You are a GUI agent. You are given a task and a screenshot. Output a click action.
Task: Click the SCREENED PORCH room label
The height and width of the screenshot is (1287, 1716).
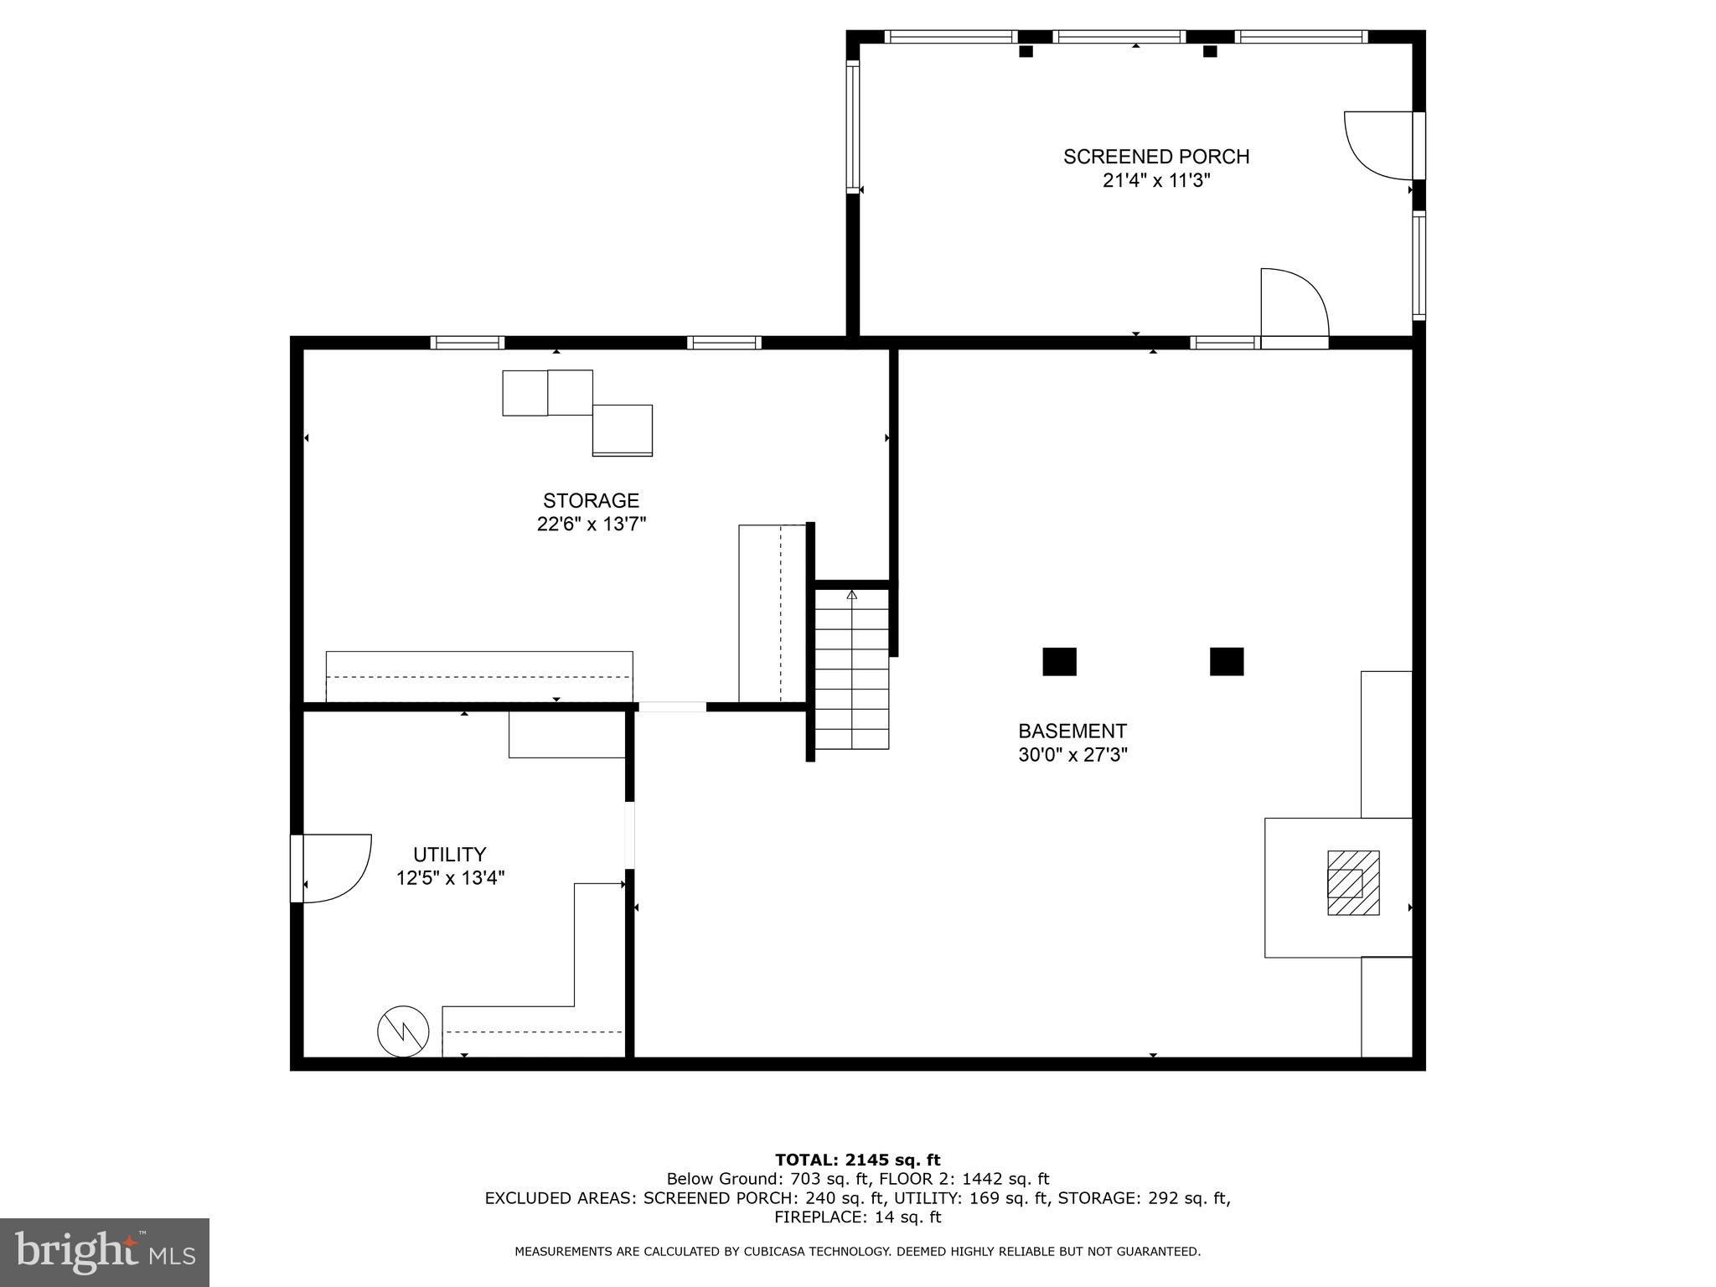pyautogui.click(x=1155, y=157)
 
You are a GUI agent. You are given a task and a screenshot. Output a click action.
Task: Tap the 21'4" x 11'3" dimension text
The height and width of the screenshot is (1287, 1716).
pyautogui.click(x=1155, y=180)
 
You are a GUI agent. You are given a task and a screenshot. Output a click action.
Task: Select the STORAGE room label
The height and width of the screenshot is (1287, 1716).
pyautogui.click(x=591, y=500)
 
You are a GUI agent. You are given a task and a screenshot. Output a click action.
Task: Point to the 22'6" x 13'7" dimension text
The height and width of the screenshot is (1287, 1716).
pyautogui.click(x=591, y=525)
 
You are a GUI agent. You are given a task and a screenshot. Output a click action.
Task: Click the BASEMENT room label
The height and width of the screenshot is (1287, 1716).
pyautogui.click(x=1072, y=731)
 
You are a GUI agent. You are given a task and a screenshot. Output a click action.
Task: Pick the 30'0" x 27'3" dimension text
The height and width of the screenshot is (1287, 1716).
pyautogui.click(x=1072, y=755)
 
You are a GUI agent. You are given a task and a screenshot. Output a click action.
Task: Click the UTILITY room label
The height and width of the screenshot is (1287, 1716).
pyautogui.click(x=449, y=854)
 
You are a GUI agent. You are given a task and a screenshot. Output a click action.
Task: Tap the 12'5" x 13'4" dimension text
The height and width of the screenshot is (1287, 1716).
pyautogui.click(x=450, y=878)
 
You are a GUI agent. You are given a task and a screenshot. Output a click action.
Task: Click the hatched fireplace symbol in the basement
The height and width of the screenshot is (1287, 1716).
pyautogui.click(x=1352, y=882)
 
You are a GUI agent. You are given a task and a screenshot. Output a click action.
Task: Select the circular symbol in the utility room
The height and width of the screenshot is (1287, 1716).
pyautogui.click(x=403, y=1031)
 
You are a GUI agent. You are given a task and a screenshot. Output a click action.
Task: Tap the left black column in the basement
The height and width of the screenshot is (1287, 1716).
pyautogui.click(x=1059, y=661)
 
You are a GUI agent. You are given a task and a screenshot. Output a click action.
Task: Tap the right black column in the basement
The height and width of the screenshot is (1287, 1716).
pyautogui.click(x=1226, y=661)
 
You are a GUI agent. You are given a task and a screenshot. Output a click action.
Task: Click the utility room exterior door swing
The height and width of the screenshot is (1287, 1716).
pyautogui.click(x=335, y=867)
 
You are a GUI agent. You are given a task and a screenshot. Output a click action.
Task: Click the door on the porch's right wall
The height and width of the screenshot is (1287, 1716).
pyautogui.click(x=1378, y=146)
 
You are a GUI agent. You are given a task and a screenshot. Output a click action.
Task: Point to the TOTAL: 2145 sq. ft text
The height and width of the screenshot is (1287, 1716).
pyautogui.click(x=857, y=1160)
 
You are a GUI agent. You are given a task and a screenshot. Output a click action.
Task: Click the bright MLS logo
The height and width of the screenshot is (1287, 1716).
pyautogui.click(x=104, y=1252)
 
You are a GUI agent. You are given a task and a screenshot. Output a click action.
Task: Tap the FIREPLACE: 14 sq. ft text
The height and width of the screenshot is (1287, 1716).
pyautogui.click(x=857, y=1217)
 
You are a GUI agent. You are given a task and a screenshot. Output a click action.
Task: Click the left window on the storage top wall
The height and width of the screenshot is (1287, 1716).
pyautogui.click(x=467, y=342)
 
